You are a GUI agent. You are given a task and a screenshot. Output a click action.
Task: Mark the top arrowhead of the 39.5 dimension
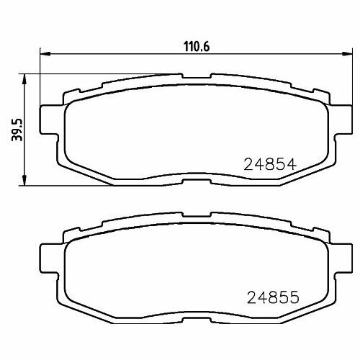pos(26,77)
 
